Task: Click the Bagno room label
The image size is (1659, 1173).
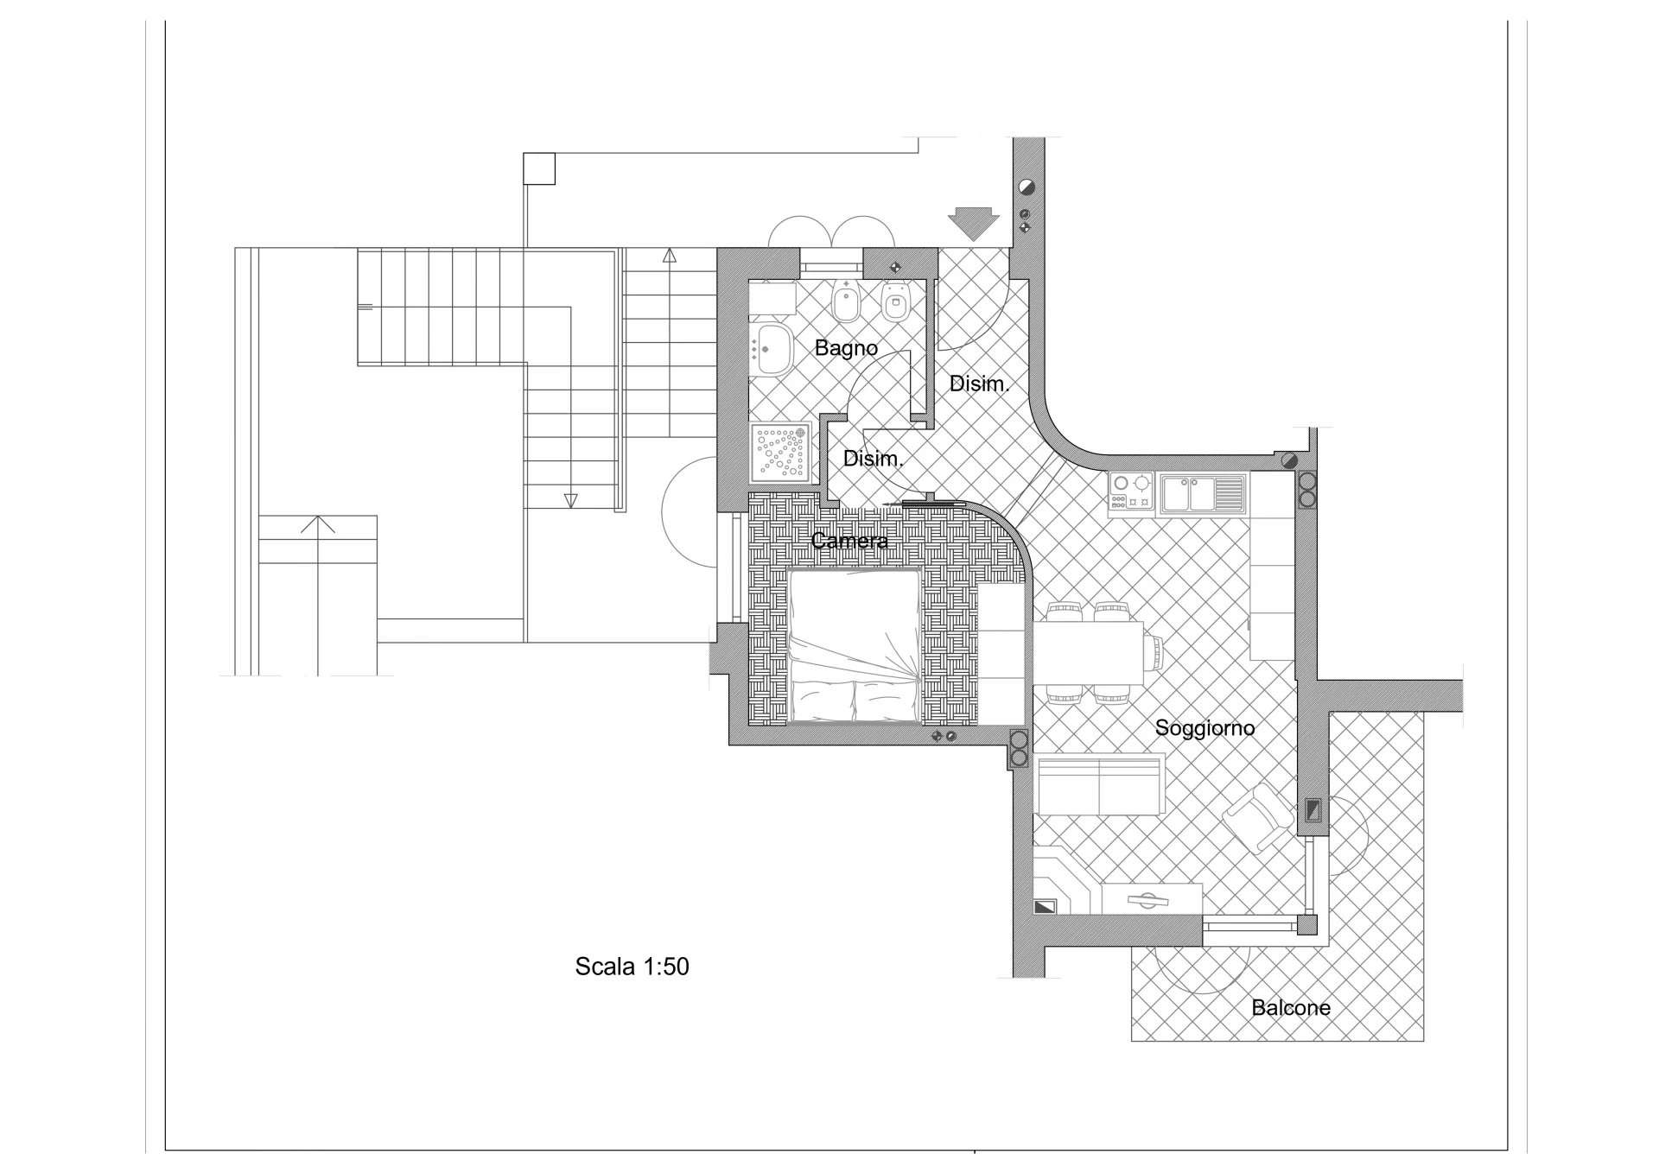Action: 846,348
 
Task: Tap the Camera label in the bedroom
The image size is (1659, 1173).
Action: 849,541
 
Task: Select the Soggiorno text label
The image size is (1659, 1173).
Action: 1205,728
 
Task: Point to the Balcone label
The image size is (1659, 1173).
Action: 1291,1007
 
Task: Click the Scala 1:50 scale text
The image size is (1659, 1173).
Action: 632,966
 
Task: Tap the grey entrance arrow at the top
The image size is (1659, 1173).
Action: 974,223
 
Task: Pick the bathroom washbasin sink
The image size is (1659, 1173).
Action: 772,350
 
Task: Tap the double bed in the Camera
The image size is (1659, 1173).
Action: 854,645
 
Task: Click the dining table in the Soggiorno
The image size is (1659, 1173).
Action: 1088,652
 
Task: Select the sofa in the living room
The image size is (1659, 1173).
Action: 1099,784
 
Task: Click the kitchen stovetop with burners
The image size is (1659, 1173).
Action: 1132,491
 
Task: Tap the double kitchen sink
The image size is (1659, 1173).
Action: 1203,493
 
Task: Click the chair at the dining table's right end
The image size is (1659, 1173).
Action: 1154,652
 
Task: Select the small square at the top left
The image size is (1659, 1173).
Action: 539,168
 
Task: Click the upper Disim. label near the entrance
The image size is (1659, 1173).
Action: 980,384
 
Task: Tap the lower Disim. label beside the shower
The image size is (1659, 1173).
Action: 873,459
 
